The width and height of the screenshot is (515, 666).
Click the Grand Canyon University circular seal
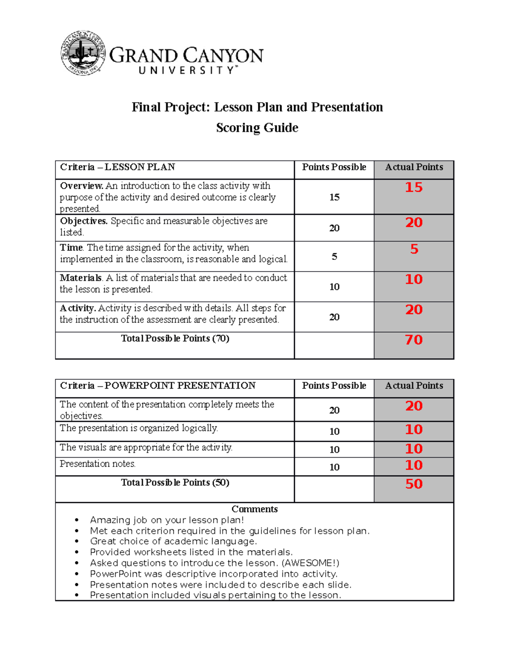point(83,53)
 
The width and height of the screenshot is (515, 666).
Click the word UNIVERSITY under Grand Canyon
point(187,70)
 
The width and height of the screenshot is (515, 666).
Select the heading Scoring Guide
point(257,128)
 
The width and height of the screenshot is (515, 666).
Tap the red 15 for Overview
point(414,187)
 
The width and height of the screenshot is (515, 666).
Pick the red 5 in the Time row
point(414,249)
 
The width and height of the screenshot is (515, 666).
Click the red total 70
point(414,340)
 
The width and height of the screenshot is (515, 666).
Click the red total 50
point(414,484)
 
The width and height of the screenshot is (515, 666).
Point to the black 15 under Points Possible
point(334,197)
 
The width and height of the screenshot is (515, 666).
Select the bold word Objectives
point(84,221)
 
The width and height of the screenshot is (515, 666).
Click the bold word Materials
point(81,278)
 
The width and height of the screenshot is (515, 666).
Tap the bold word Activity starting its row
point(78,308)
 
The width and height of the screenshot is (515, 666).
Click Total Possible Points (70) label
point(175,338)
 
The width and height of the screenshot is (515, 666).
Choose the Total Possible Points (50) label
point(175,482)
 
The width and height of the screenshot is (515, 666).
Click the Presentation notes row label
point(98,464)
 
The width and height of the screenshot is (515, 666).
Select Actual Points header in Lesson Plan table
point(414,167)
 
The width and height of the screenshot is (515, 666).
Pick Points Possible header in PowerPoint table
point(334,386)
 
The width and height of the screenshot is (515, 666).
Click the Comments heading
point(254,509)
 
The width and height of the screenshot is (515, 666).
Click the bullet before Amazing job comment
point(77,520)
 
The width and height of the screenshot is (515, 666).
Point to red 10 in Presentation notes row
point(414,465)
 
